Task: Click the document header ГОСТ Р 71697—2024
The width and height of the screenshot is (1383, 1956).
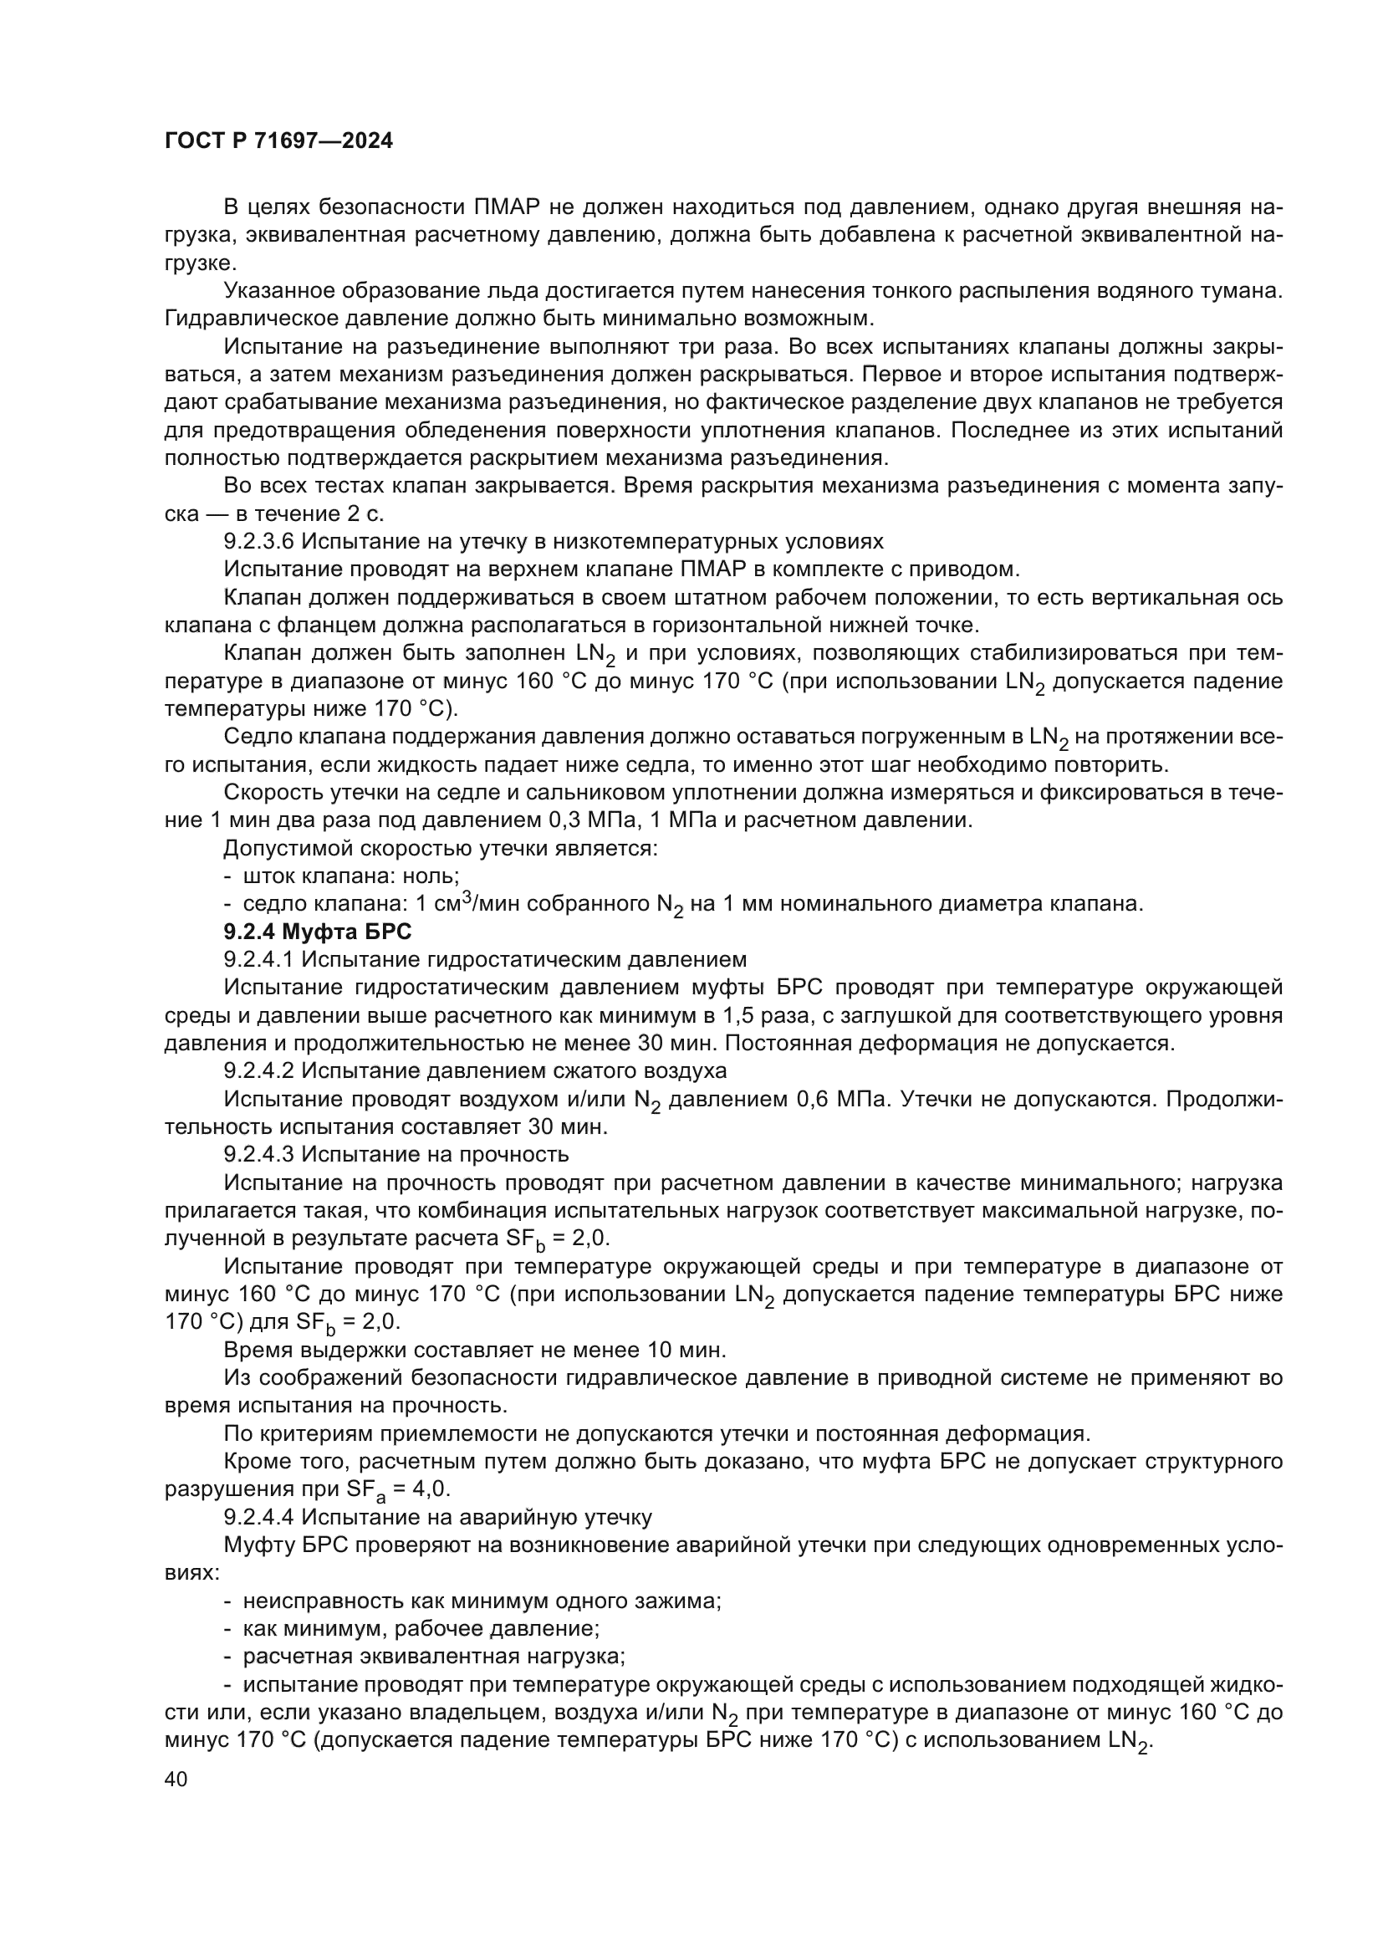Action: click(x=278, y=141)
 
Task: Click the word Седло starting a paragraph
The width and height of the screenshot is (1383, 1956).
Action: click(x=253, y=737)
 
